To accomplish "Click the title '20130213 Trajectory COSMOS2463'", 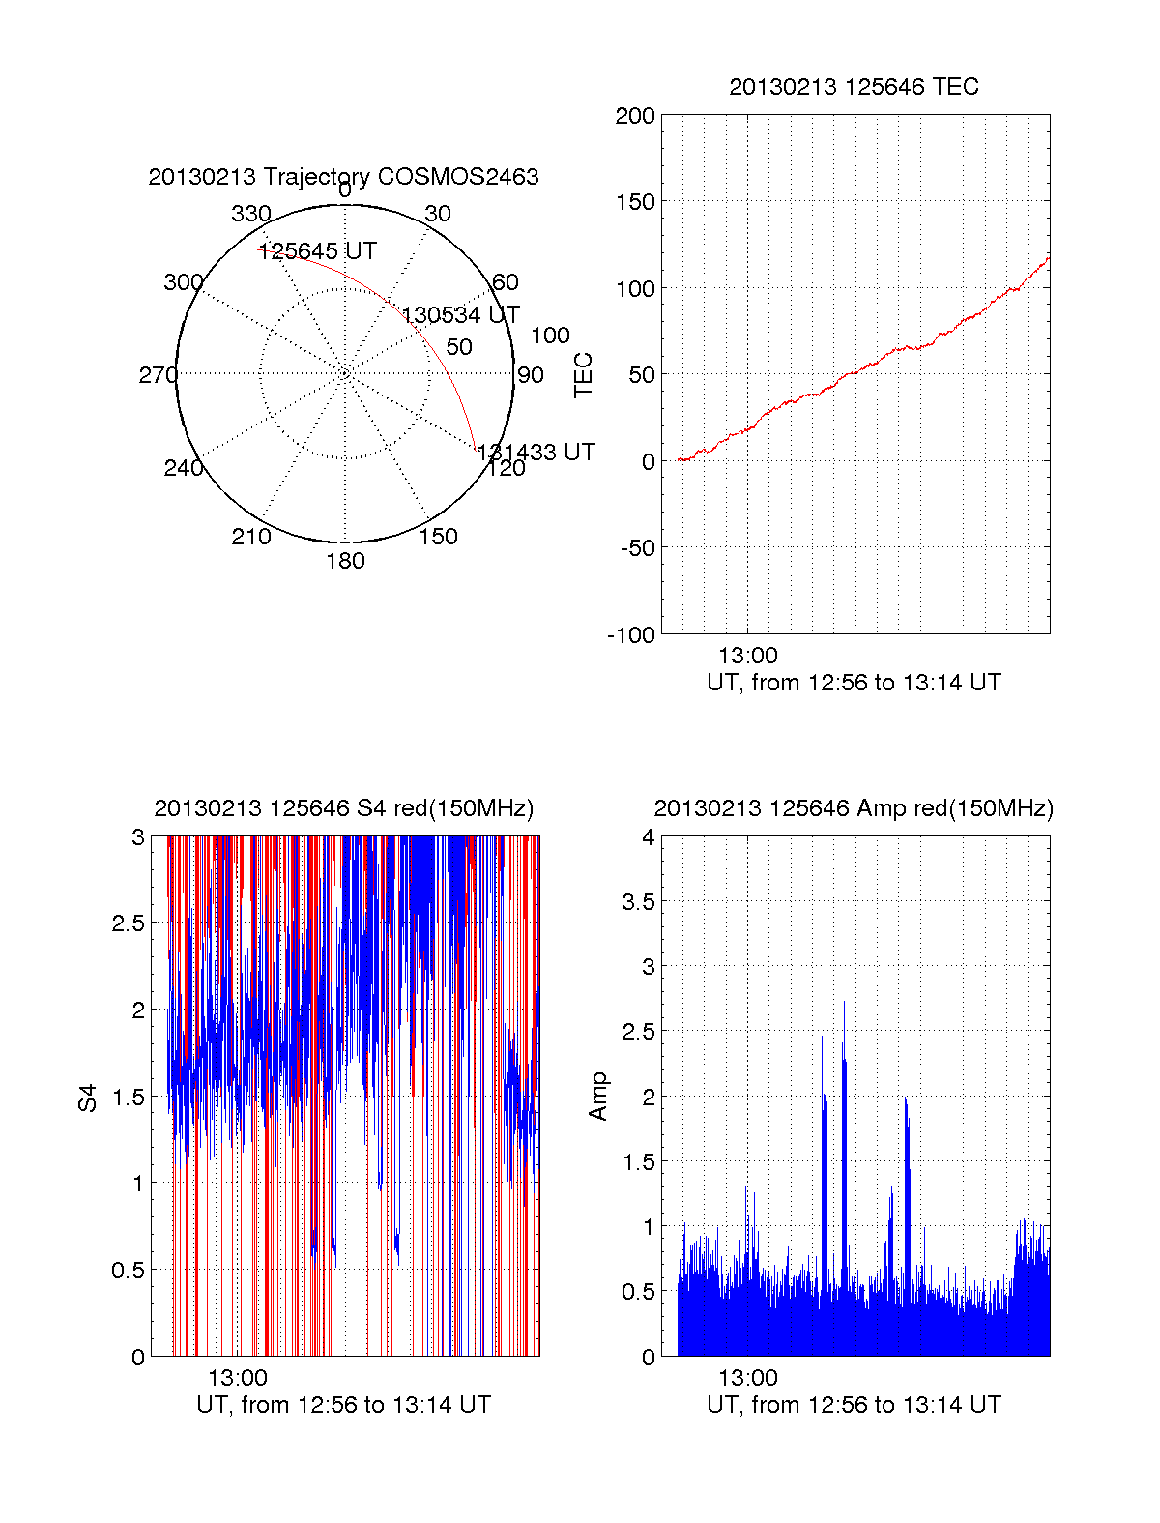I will pos(343,177).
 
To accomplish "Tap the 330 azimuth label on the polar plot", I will pos(251,214).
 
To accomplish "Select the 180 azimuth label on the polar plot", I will pos(345,561).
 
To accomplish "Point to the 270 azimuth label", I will pos(158,375).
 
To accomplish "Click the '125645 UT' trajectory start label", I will pos(317,251).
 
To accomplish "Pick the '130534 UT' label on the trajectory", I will pos(461,315).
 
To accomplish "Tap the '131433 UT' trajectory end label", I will pos(536,453).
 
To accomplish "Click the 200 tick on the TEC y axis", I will pos(635,116).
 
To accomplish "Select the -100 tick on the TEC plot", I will pos(631,635).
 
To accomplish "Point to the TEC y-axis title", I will pos(584,375).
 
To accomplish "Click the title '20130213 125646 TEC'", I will pos(854,87).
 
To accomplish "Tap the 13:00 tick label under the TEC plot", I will pos(747,656).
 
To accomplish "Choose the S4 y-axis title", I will pos(88,1098).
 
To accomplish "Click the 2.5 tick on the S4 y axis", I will pos(129,923).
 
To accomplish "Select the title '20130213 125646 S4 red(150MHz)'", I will pos(343,808).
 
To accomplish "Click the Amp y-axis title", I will pos(598,1097).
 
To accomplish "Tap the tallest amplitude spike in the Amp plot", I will pos(844,1003).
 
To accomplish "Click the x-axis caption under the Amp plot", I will pos(854,1405).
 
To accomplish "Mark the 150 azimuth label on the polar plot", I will pos(438,537).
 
